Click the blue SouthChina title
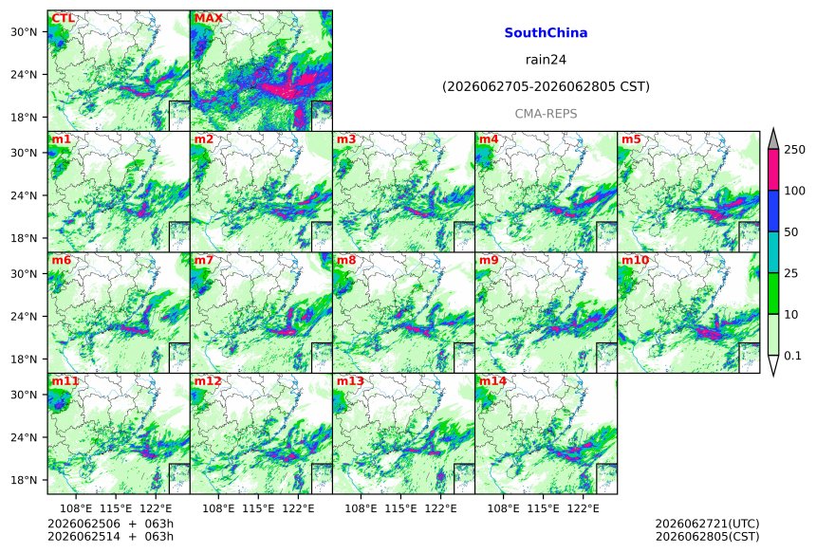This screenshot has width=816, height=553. click(546, 33)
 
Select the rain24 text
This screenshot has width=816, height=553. click(546, 60)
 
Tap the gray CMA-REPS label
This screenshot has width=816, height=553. click(546, 114)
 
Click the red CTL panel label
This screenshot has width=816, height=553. click(63, 19)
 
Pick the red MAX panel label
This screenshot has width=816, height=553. click(208, 19)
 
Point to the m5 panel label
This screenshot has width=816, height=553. click(631, 139)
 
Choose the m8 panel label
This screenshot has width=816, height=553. click(346, 260)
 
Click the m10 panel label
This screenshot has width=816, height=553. click(636, 260)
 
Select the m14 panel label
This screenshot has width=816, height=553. click(492, 381)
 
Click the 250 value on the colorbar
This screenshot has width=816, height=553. click(795, 150)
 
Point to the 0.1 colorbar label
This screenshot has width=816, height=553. click(792, 356)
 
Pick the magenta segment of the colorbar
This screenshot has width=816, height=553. click(773, 170)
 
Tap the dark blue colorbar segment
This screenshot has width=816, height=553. click(773, 211)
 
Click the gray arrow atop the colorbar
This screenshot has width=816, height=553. click(773, 138)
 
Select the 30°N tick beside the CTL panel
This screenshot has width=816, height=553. click(24, 32)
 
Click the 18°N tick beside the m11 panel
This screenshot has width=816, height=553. click(24, 480)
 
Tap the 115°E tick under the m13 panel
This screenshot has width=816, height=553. click(401, 507)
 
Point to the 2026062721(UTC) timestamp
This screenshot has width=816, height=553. click(707, 524)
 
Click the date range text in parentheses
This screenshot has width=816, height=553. click(546, 86)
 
